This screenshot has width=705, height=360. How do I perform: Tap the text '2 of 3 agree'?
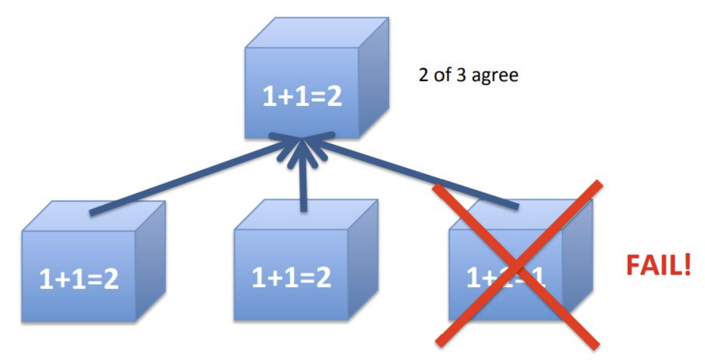[x=468, y=76]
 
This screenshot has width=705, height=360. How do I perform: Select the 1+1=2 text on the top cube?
[x=302, y=97]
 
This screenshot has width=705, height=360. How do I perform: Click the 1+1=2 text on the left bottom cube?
[x=79, y=280]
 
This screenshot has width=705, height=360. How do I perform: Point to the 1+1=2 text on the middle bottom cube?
[x=291, y=278]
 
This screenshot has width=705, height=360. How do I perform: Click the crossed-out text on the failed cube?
[x=506, y=277]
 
